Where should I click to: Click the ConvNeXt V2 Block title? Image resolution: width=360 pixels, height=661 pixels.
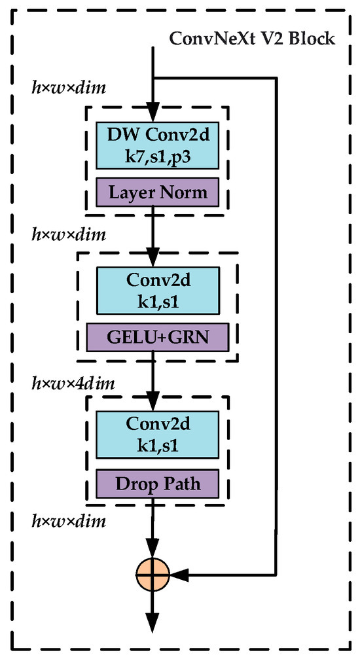coord(252,38)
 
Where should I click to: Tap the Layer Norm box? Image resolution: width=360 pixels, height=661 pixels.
coord(158,192)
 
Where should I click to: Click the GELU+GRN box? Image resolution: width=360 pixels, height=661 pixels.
coord(158,338)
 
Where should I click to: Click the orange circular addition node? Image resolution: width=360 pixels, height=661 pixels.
coord(153,575)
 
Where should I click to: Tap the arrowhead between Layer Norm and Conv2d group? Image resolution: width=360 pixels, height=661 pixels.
coord(153,256)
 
